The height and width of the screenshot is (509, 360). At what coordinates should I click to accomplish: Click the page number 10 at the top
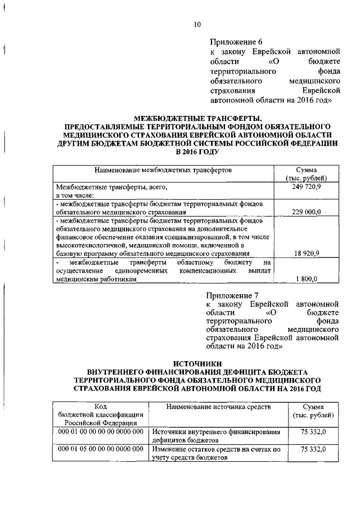[196, 24]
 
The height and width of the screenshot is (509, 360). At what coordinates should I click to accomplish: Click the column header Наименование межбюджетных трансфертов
[163, 169]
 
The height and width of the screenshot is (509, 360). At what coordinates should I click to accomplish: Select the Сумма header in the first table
[305, 169]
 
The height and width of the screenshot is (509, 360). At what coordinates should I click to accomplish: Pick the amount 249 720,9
[306, 187]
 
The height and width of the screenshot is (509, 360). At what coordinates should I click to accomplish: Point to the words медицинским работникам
[96, 279]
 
